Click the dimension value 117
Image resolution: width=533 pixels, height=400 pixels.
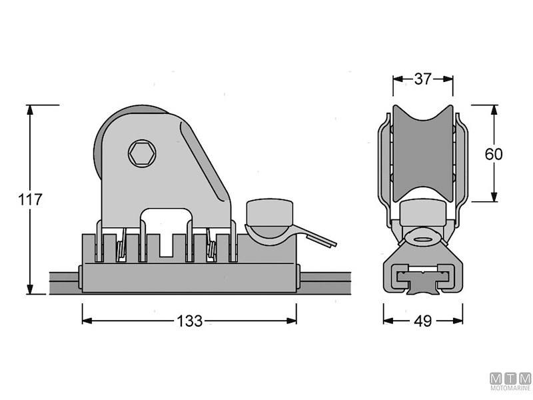pyautogui.click(x=30, y=199)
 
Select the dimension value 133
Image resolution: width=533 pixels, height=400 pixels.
pyautogui.click(x=190, y=321)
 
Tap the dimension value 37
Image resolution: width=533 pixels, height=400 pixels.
pyautogui.click(x=423, y=79)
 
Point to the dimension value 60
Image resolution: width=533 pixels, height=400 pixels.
pyautogui.click(x=494, y=154)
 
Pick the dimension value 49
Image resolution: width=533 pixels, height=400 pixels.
pyautogui.click(x=423, y=321)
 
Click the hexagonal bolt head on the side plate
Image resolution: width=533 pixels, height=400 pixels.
pyautogui.click(x=142, y=153)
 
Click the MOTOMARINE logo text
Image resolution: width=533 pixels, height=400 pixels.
pyautogui.click(x=510, y=387)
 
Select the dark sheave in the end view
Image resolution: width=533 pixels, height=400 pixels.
pyautogui.click(x=423, y=153)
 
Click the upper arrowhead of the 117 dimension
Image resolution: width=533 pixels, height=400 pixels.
pyautogui.click(x=30, y=110)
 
